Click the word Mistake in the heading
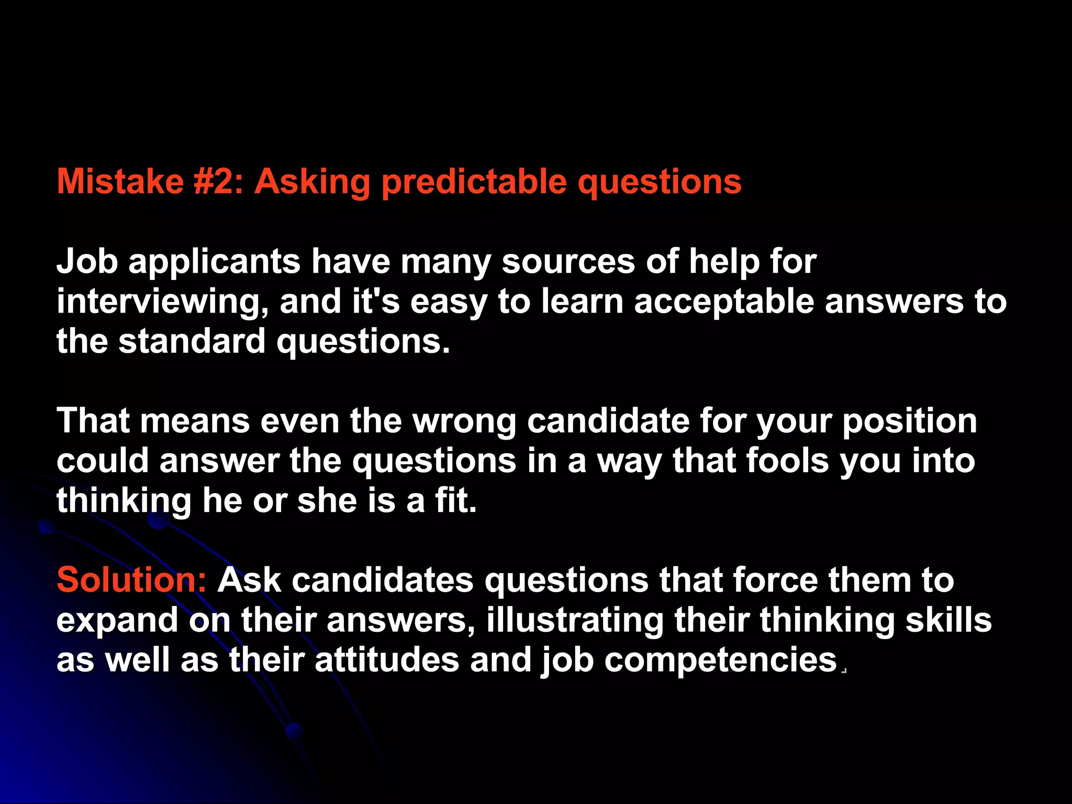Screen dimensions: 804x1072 120,182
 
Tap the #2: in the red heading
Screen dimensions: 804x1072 218,182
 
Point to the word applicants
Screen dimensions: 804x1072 214,262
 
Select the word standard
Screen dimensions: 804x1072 192,341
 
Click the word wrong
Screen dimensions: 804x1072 464,422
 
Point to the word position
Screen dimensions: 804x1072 909,422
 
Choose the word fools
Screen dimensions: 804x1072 787,461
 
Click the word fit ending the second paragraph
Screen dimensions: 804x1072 455,500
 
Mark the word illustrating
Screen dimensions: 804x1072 574,621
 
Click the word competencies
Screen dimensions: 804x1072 721,661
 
